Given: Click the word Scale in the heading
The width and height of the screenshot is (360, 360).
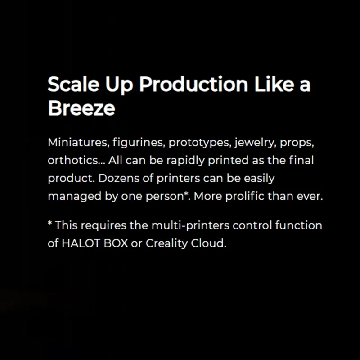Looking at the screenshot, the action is (73, 84).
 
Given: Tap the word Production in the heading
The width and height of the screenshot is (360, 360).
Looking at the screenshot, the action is (193, 84).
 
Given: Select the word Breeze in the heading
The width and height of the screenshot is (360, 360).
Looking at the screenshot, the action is (81, 108).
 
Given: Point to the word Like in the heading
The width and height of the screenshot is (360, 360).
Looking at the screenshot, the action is (274, 84).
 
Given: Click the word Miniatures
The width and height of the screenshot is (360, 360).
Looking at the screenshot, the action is (77, 142).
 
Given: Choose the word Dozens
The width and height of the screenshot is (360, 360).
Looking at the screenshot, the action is (119, 178).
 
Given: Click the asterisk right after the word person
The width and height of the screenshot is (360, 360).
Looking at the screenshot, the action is (186, 194).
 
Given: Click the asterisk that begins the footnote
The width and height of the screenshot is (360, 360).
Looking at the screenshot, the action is (50, 223).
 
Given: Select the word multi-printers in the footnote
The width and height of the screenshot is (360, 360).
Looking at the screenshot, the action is (190, 226).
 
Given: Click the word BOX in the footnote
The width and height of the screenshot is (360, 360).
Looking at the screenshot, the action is (116, 243).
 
